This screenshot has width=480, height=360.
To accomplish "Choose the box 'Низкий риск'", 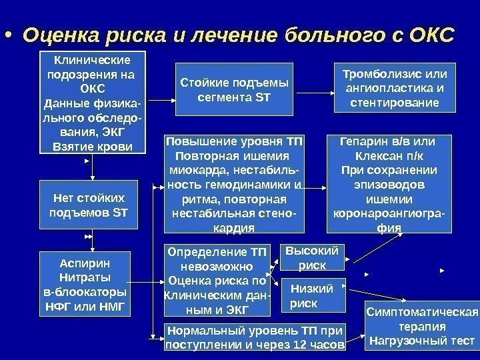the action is pyautogui.click(x=312, y=295).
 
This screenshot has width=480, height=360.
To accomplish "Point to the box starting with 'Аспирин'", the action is pyautogui.click(x=84, y=284).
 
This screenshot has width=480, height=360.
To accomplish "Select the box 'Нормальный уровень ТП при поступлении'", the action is pyautogui.click(x=254, y=337).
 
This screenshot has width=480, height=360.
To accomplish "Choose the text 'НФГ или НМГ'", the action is pyautogui.click(x=84, y=307).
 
